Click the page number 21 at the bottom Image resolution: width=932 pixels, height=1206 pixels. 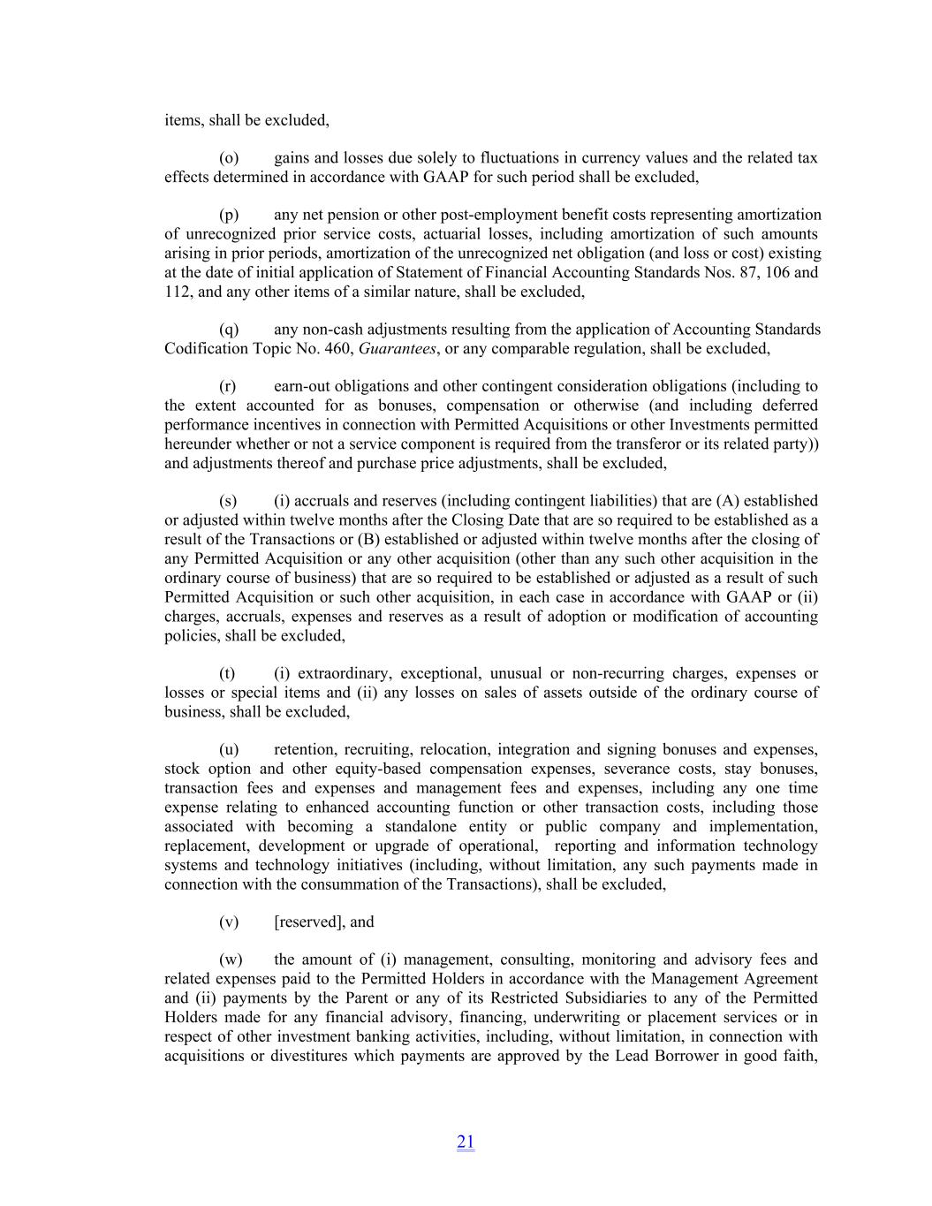[466, 1142]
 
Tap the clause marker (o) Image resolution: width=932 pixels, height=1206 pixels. [229, 158]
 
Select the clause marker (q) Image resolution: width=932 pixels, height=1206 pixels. [229, 330]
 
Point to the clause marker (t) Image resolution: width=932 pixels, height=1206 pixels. [227, 673]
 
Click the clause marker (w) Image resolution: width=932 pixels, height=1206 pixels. [231, 959]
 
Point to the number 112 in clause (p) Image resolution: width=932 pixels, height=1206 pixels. [177, 292]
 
